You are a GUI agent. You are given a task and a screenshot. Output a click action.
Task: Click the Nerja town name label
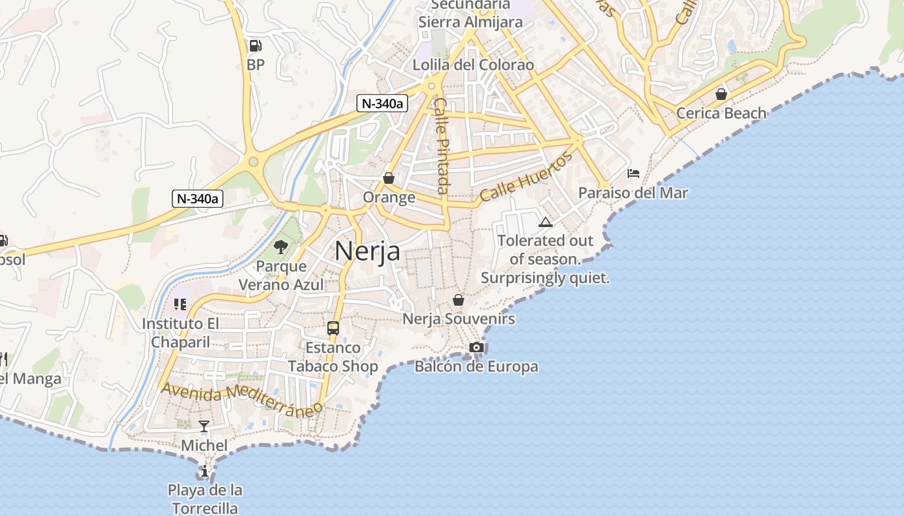(x=367, y=252)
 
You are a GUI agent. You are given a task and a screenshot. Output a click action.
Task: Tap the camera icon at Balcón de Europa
(x=477, y=348)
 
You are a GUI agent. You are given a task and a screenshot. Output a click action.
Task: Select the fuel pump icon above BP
(x=256, y=46)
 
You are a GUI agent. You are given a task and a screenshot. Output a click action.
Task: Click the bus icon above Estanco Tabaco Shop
(x=333, y=328)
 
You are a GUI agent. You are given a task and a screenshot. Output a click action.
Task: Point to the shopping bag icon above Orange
(x=389, y=178)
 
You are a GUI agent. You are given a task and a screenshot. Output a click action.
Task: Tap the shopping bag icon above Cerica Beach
(x=721, y=94)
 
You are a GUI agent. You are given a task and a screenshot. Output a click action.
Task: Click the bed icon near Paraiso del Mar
(x=633, y=174)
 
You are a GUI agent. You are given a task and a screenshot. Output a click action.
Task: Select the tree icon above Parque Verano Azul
(x=281, y=246)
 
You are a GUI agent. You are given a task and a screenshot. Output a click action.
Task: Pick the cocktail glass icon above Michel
(x=204, y=426)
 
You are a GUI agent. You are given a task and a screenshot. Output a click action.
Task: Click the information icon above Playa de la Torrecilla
(x=205, y=471)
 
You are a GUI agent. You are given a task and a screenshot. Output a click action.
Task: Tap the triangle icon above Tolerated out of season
(x=546, y=223)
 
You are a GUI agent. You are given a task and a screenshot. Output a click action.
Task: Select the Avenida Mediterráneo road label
(x=242, y=399)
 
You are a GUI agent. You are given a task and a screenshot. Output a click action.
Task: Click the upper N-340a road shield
(x=382, y=103)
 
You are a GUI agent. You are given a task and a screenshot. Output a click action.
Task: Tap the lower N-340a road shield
(x=198, y=198)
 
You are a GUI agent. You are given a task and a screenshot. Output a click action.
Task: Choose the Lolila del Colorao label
(x=473, y=65)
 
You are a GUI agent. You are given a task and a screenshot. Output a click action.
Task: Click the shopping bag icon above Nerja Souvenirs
(x=458, y=300)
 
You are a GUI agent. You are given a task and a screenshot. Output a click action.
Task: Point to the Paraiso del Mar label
(x=633, y=193)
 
